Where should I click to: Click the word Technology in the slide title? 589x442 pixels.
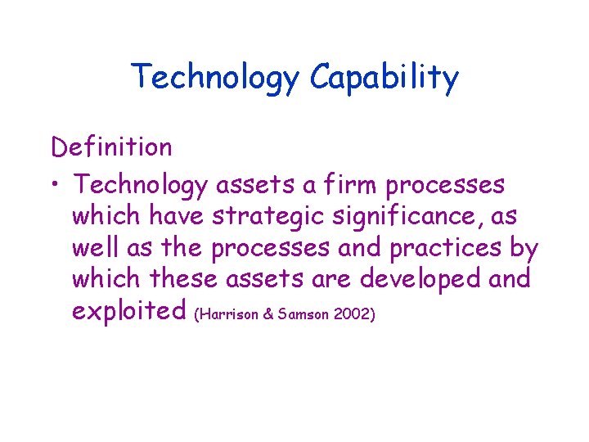216,79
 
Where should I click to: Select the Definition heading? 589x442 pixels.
111,147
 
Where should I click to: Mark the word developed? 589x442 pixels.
420,279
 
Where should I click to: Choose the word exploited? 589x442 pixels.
130,311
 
